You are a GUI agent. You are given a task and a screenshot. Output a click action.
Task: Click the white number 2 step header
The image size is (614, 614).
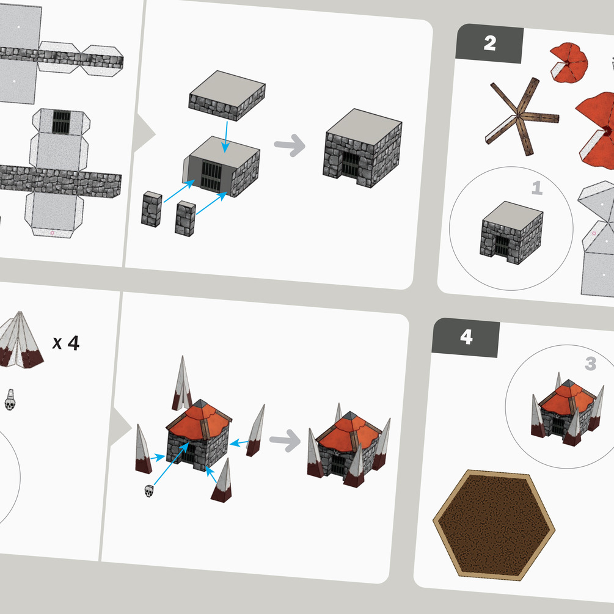(490, 43)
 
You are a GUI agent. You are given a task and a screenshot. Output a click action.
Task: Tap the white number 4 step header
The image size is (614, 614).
(466, 337)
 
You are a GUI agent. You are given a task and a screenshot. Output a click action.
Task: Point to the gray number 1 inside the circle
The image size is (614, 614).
(537, 188)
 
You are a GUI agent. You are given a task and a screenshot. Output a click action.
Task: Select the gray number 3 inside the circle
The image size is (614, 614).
(591, 364)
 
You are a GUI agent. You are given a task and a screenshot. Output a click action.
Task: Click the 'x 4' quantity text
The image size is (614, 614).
(66, 343)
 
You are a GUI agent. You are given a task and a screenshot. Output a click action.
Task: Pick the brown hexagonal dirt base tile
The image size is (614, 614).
(494, 525)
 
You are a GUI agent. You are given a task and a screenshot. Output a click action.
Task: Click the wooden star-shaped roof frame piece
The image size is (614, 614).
(522, 116)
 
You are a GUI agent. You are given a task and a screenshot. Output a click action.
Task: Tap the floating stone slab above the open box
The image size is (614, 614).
(227, 95)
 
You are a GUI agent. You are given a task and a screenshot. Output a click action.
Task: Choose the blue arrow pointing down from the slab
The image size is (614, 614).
(225, 137)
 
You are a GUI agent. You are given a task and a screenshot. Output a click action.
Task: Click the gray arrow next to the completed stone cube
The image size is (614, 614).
(290, 145)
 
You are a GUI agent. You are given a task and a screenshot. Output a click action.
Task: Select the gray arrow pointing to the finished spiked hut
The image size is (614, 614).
(285, 440)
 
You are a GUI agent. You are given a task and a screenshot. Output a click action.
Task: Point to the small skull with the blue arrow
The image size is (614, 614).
(149, 491)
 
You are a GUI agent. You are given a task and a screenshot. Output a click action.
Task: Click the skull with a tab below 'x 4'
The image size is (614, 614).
(10, 400)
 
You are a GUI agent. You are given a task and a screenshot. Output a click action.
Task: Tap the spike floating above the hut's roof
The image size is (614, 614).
(182, 384)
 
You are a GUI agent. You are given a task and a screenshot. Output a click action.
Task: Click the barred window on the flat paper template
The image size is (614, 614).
(61, 122)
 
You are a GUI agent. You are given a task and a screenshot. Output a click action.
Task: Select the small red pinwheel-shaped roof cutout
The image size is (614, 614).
(569, 63)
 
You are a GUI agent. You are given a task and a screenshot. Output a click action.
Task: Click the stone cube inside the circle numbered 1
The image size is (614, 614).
(511, 233)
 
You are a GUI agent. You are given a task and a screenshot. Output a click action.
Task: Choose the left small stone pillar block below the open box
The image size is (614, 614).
(152, 209)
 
